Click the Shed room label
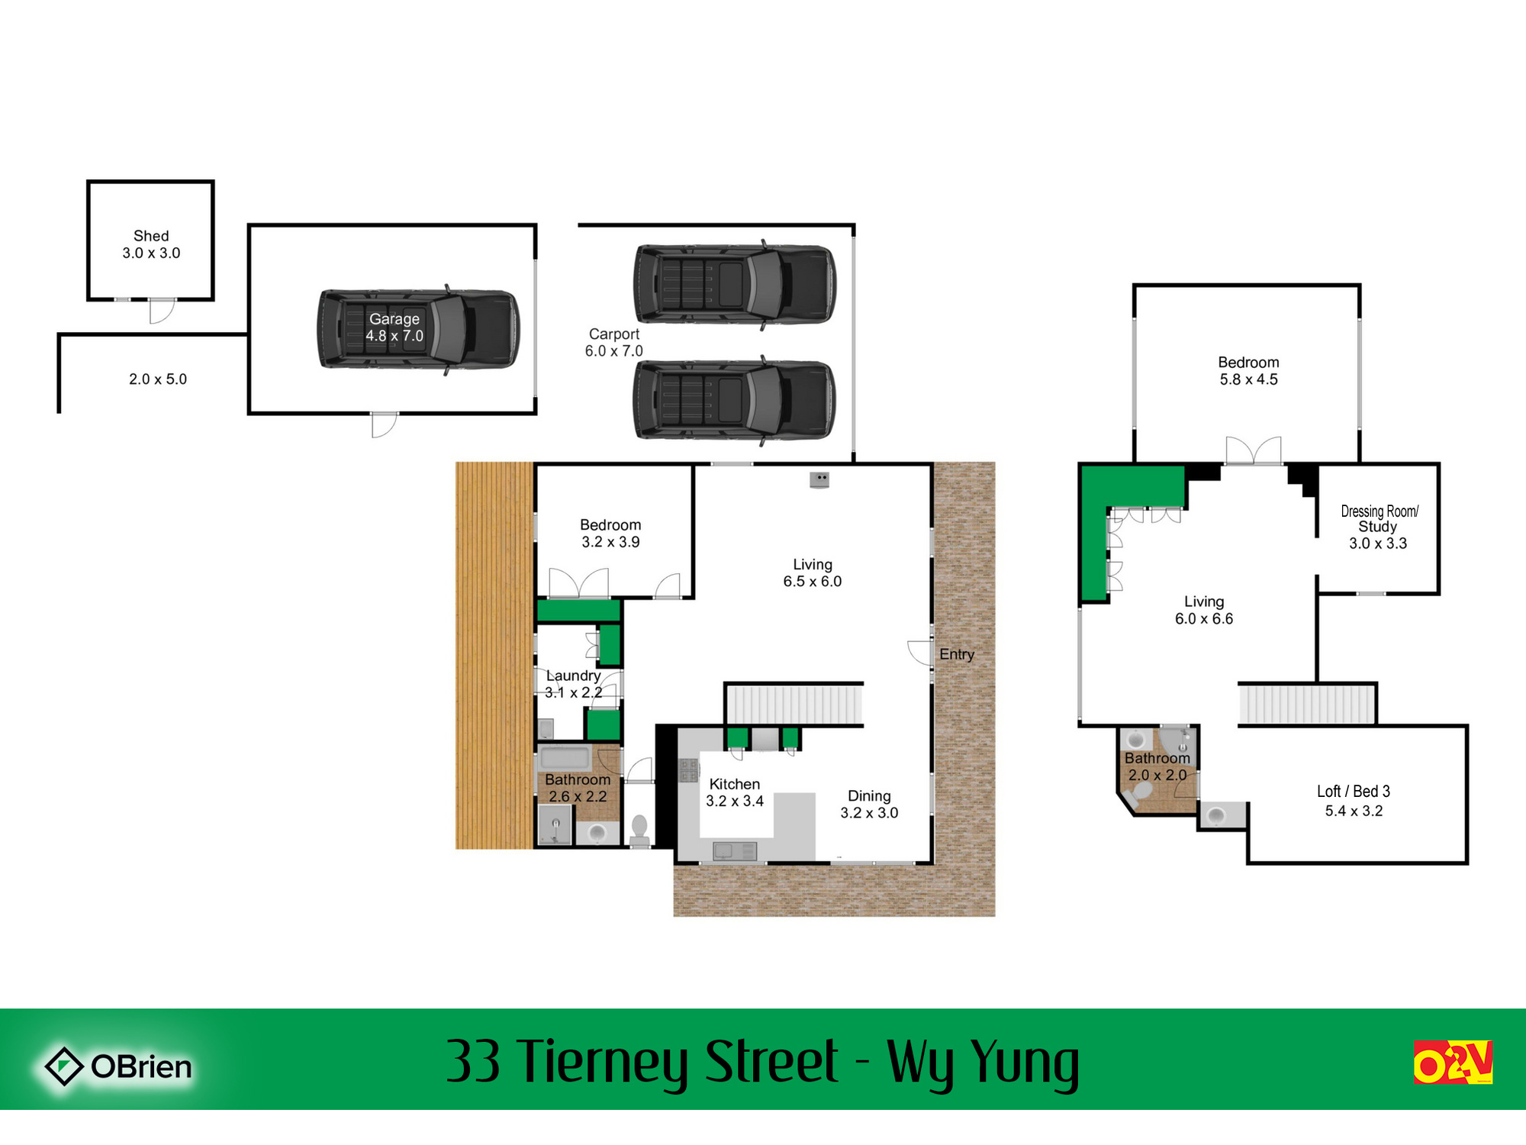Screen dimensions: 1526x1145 pos(151,244)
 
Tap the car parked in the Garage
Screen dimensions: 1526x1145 pos(419,330)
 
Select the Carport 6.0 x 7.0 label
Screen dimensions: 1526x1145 pos(614,343)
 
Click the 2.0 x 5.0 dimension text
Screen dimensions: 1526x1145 pos(158,379)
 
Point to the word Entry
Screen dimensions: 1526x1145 pos(957,655)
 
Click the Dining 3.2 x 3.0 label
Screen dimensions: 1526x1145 pos(869,805)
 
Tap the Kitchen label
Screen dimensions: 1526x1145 pos(735,785)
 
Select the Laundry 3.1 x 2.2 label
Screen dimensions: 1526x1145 pos(574,684)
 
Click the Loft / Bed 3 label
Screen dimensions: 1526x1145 pos(1354,792)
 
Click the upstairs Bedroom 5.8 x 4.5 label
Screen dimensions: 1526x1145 pos(1248,371)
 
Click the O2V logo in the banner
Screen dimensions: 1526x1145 pos(1453,1062)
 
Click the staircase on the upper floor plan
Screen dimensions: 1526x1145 pos(1307,704)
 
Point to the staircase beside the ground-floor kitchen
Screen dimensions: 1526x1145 pos(794,704)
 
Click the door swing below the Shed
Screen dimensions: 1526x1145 pos(162,311)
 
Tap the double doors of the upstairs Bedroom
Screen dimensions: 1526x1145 pos(1253,450)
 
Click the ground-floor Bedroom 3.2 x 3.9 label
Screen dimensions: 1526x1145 pos(610,534)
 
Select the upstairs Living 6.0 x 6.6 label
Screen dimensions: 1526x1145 pos(1204,611)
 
